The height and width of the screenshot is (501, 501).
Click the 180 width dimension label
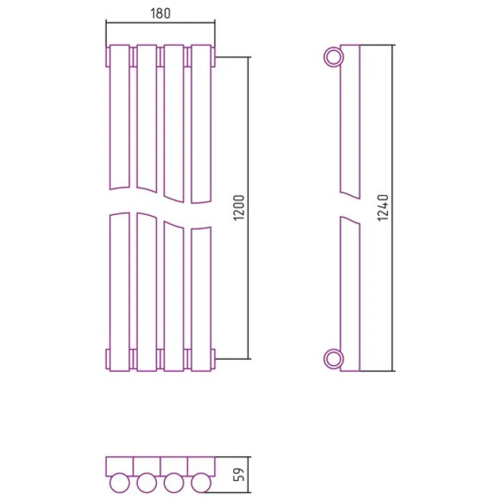click(x=160, y=14)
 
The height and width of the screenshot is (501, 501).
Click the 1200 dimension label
click(x=239, y=207)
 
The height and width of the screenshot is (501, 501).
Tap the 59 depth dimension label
click(x=239, y=474)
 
